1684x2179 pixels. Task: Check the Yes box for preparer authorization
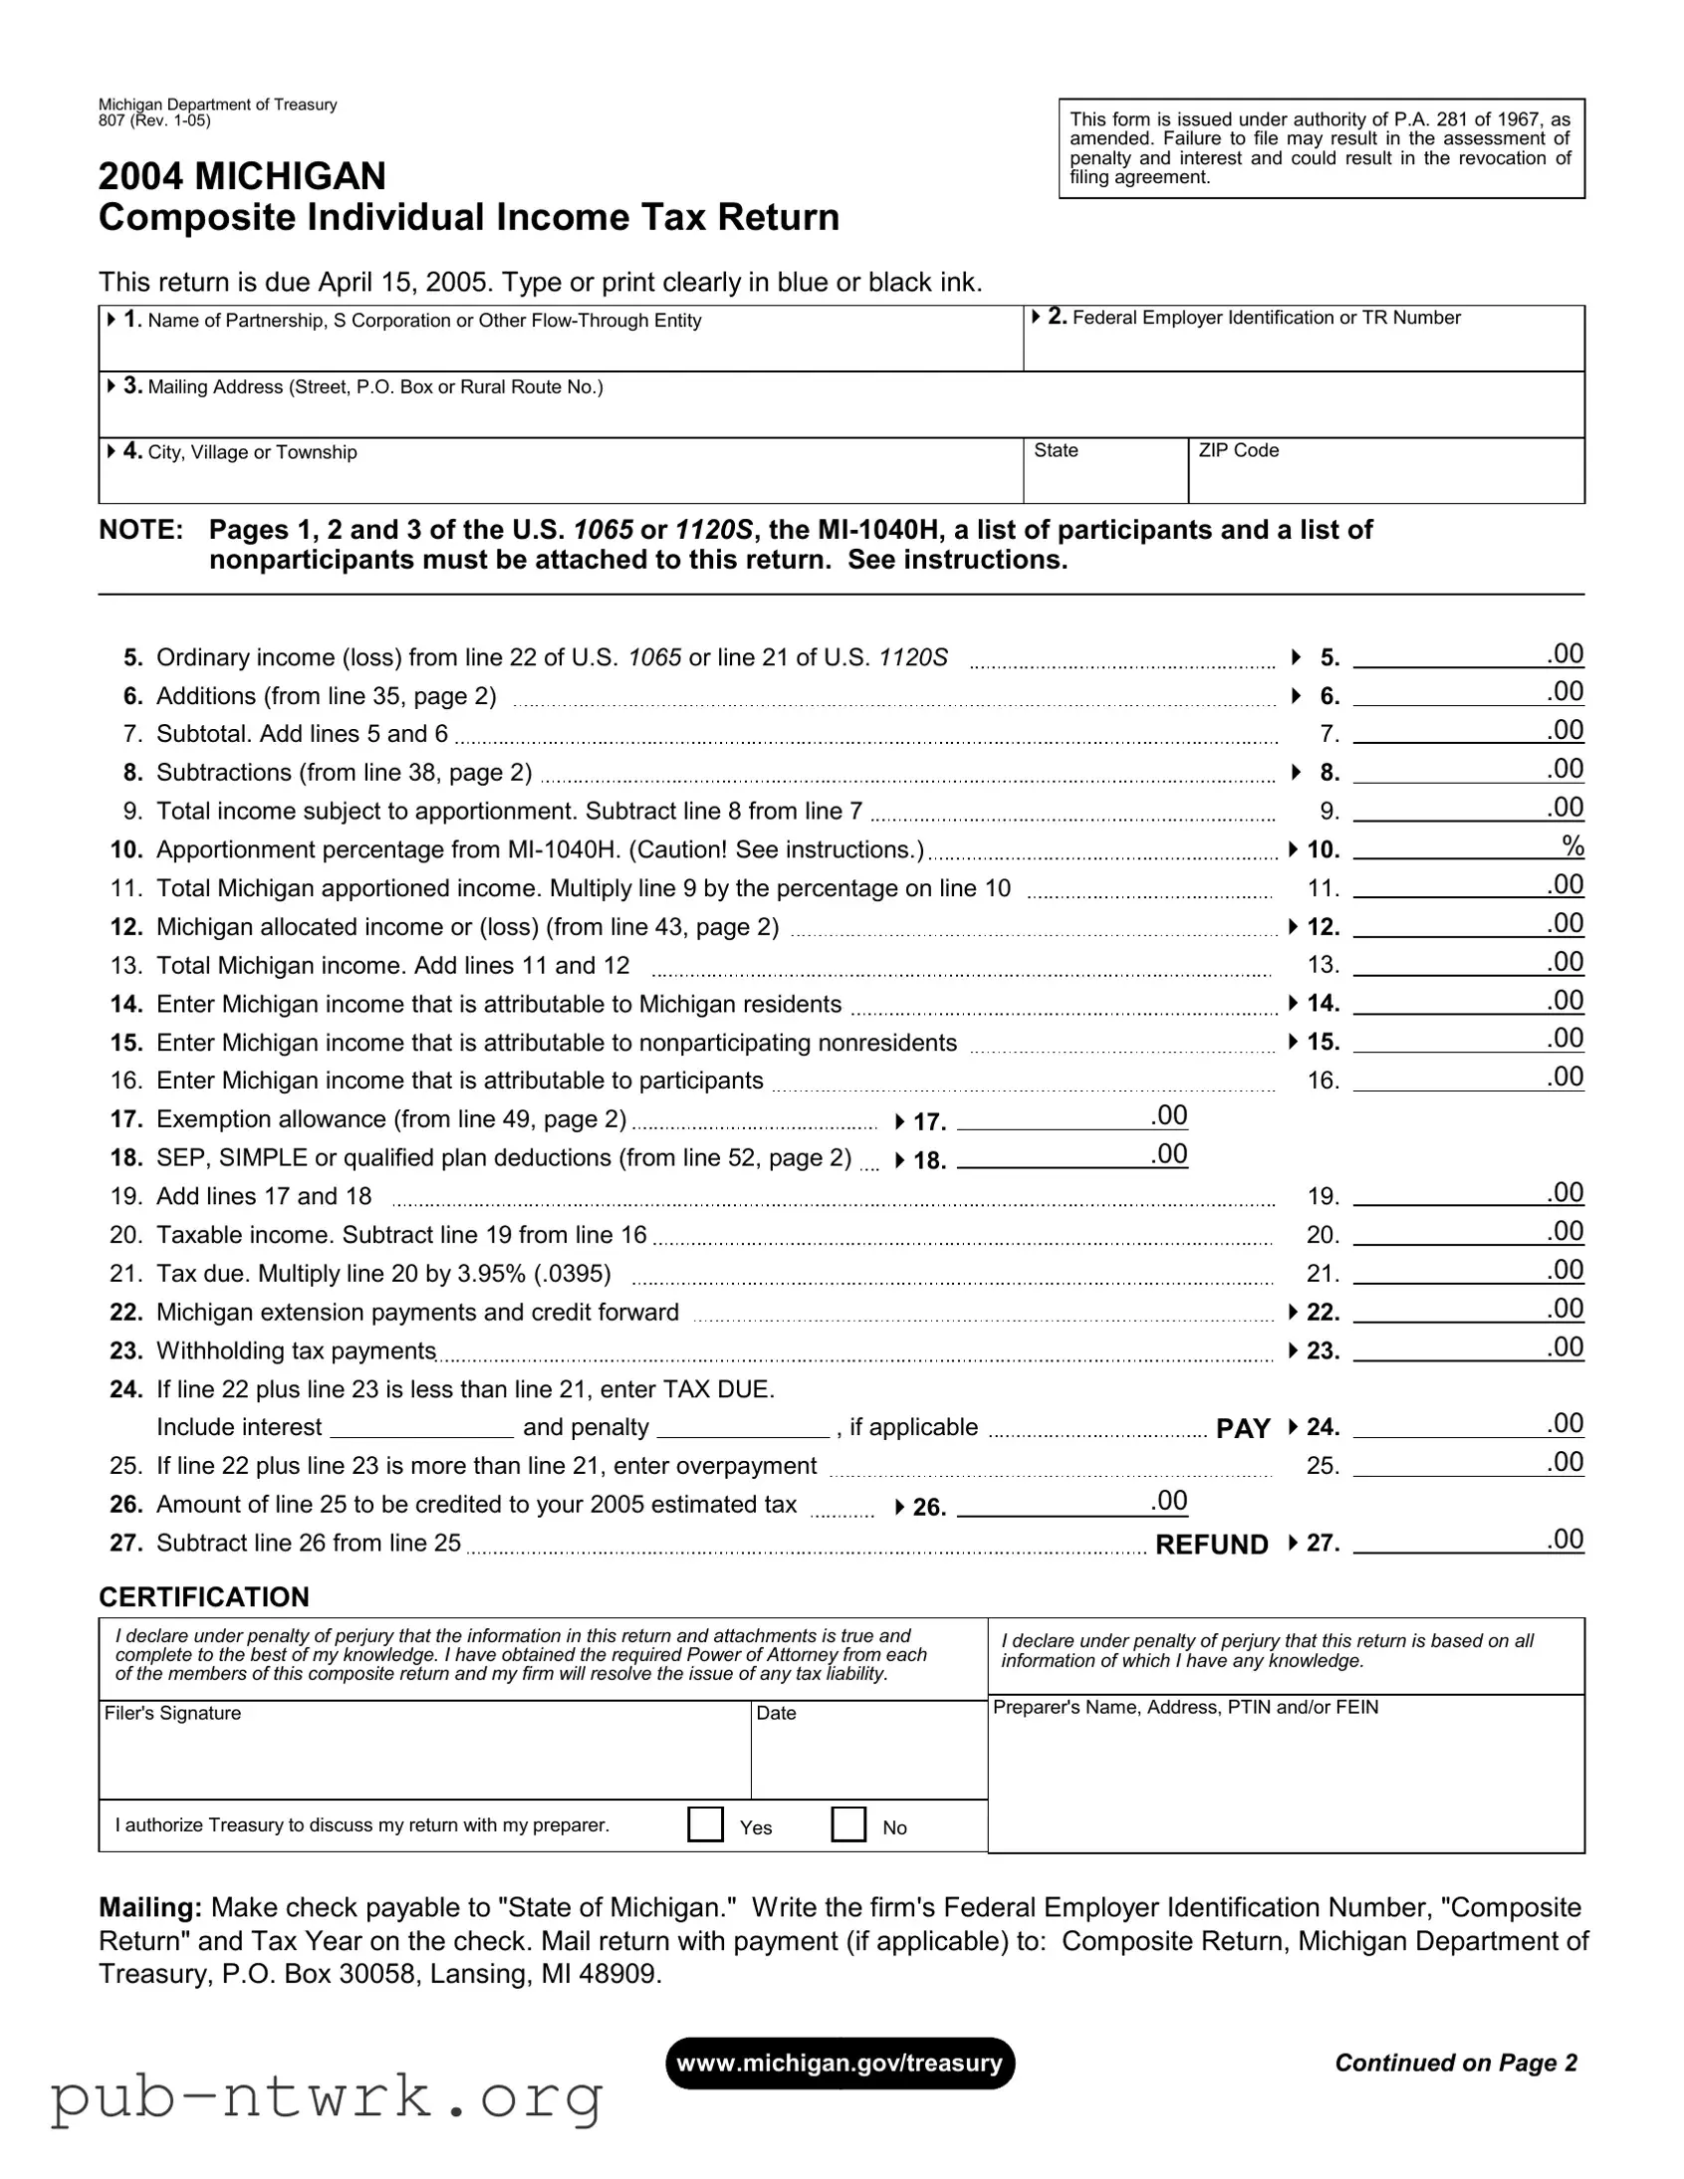pyautogui.click(x=705, y=1823)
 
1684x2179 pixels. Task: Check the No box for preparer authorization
pyautogui.click(x=848, y=1823)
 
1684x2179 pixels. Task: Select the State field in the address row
pyautogui.click(x=1105, y=472)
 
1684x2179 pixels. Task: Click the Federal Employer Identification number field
pyautogui.click(x=1303, y=341)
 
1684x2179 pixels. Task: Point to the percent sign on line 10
pyautogui.click(x=1572, y=847)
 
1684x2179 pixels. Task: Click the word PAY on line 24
pyautogui.click(x=1242, y=1429)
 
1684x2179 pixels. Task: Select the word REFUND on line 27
pyautogui.click(x=1211, y=1545)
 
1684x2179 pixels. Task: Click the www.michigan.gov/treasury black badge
pyautogui.click(x=840, y=2063)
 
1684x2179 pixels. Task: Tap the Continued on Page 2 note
pyautogui.click(x=1456, y=2062)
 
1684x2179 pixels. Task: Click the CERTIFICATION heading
pyautogui.click(x=204, y=1597)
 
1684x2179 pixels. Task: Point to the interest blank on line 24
pyautogui.click(x=421, y=1429)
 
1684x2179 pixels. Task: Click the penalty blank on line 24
pyautogui.click(x=743, y=1429)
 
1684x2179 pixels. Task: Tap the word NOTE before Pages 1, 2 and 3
pyautogui.click(x=140, y=530)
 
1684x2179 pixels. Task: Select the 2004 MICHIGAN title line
pyautogui.click(x=242, y=176)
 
